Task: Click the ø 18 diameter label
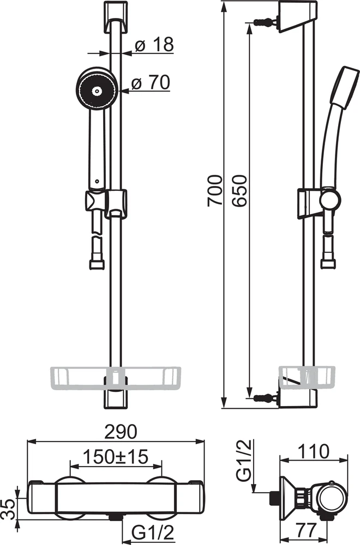154,45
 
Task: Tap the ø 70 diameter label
151,82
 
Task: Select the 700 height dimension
214,191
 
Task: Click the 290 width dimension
117,432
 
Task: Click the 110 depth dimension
314,451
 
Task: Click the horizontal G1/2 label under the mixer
153,532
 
